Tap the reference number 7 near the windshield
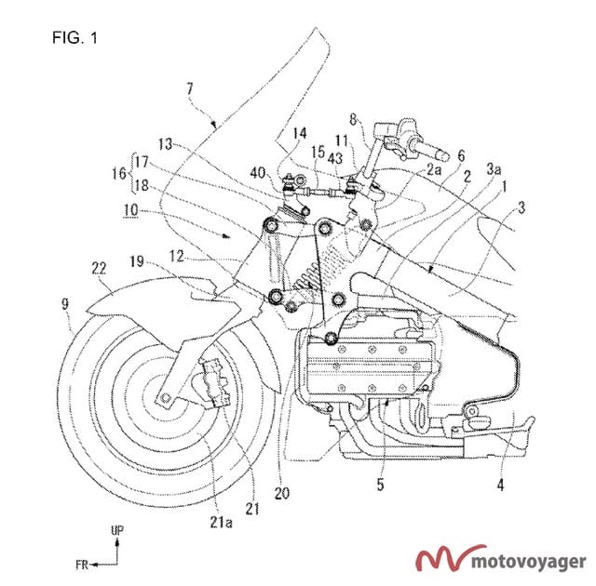[190, 88]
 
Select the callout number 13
[167, 144]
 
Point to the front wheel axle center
[165, 400]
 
